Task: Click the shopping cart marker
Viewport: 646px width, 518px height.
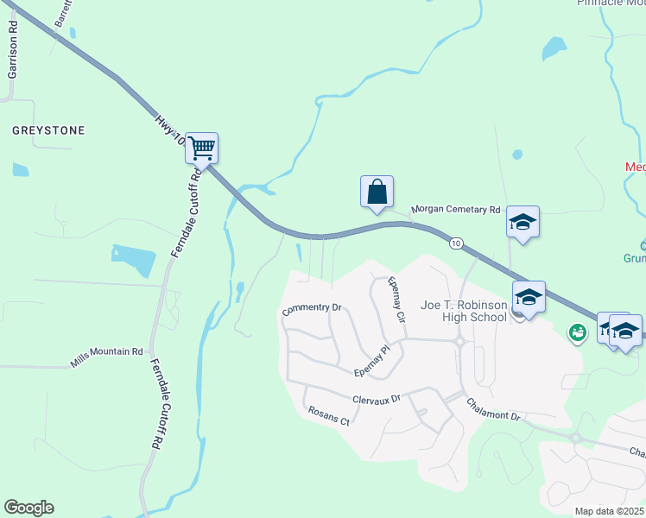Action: point(201,148)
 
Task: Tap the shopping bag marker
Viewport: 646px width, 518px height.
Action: point(377,191)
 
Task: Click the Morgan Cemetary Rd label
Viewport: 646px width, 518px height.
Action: point(456,209)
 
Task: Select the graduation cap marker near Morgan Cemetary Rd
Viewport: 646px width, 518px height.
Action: point(522,222)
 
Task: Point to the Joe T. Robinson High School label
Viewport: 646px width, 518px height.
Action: point(463,311)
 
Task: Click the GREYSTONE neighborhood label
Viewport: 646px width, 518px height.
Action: point(48,130)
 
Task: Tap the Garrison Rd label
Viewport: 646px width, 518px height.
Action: point(13,56)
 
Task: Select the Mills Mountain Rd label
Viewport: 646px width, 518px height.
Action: point(108,351)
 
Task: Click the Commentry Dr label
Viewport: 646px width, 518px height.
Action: point(313,307)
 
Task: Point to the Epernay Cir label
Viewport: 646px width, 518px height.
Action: point(396,300)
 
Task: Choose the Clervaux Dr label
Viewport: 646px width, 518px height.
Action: point(377,400)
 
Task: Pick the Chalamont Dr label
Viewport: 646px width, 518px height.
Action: point(493,409)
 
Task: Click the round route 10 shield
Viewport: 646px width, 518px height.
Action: point(455,244)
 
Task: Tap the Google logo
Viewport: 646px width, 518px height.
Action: point(28,508)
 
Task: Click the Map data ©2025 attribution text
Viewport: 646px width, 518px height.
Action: point(610,511)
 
